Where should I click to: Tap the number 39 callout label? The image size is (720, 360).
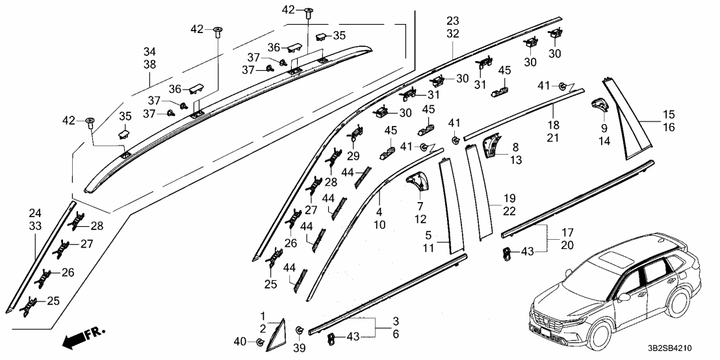(300, 349)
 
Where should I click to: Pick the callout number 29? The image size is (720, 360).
(353, 157)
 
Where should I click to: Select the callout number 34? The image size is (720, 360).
(149, 51)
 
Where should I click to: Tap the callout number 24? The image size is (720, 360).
(34, 213)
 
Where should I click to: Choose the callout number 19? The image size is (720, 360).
(509, 197)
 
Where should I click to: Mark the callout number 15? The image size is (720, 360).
(669, 114)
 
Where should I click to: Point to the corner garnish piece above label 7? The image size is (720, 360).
(417, 181)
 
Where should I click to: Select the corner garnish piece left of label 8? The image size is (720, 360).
(496, 144)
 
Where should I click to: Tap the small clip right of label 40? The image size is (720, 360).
(260, 342)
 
